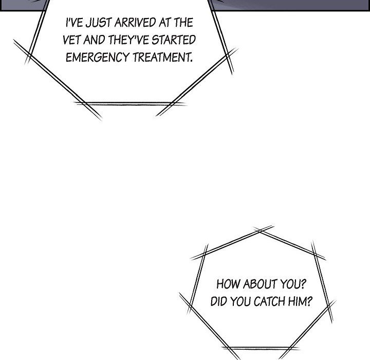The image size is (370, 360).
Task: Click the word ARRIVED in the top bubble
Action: click(135, 23)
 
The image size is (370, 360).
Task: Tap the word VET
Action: click(72, 40)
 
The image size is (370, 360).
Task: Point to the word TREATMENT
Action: click(162, 57)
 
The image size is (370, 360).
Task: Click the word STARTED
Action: click(174, 40)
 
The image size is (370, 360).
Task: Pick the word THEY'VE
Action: click(128, 40)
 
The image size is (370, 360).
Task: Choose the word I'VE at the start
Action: click(75, 23)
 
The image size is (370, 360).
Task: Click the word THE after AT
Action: click(183, 23)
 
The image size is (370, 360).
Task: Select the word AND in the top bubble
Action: click(94, 40)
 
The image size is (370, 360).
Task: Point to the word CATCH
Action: click(269, 302)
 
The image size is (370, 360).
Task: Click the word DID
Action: click(219, 302)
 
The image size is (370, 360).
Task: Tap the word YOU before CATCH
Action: click(240, 302)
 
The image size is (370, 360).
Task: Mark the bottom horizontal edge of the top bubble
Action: click(130, 103)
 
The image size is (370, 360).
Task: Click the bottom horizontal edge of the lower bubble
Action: click(261, 348)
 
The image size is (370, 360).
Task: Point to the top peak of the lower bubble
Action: click(260, 231)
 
